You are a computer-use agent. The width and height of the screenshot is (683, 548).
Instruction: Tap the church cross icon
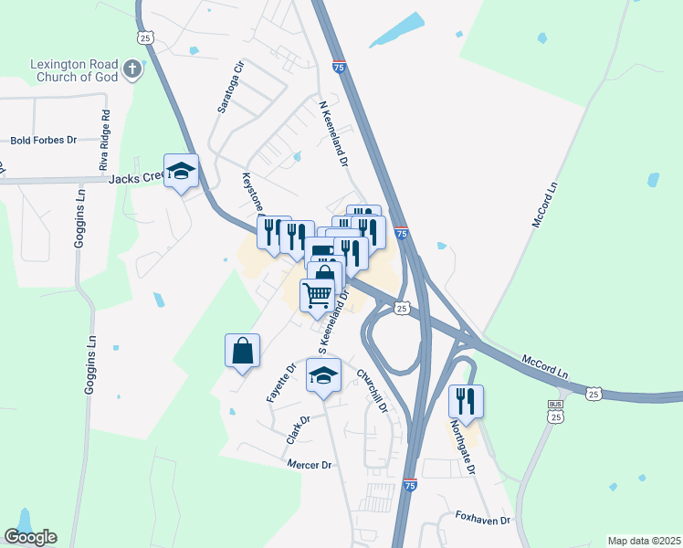point(133,68)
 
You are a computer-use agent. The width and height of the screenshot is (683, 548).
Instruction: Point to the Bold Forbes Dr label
point(43,141)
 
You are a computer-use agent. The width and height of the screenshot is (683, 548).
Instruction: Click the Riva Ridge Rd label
point(105,141)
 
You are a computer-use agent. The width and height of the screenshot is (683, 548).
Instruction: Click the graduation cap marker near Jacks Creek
point(182,171)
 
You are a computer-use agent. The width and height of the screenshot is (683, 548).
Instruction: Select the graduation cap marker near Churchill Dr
point(323,375)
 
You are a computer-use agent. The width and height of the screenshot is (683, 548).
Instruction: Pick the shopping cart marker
point(317,295)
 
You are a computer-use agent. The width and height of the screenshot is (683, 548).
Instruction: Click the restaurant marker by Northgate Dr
point(466,401)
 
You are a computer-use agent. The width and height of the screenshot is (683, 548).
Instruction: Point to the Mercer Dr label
point(309,465)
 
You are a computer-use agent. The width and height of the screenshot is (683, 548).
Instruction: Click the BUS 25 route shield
point(554,411)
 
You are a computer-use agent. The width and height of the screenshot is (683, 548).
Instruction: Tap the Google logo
point(30,537)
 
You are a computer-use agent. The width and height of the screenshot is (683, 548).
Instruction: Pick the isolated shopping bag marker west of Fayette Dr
point(242,352)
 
